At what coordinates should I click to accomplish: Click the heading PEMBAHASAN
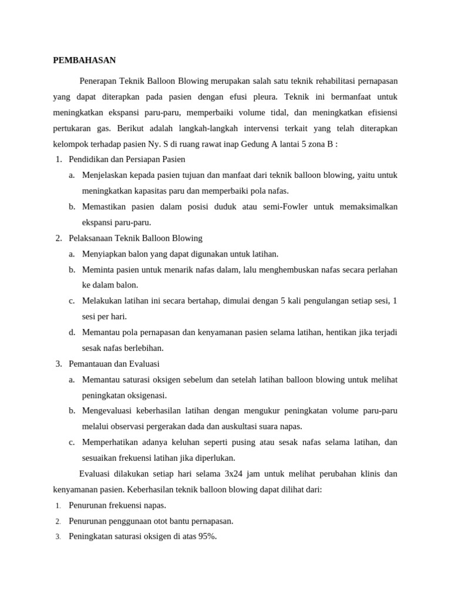click(x=85, y=60)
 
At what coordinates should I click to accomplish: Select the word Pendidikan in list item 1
click(x=88, y=159)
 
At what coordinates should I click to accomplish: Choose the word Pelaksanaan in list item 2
click(x=91, y=238)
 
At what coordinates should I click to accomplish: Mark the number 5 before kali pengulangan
click(x=283, y=301)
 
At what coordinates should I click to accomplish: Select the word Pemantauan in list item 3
click(x=91, y=364)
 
